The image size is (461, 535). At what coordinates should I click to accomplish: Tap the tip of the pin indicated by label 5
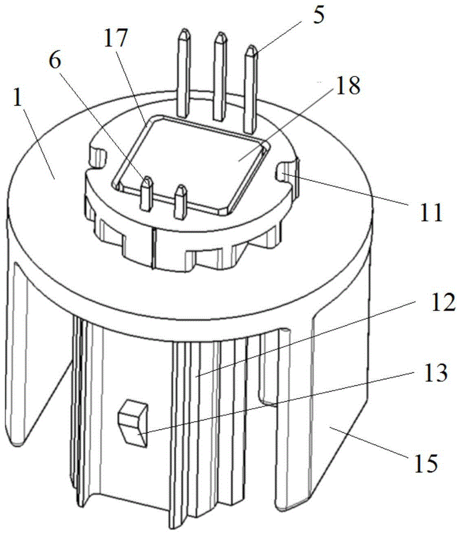point(251,51)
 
